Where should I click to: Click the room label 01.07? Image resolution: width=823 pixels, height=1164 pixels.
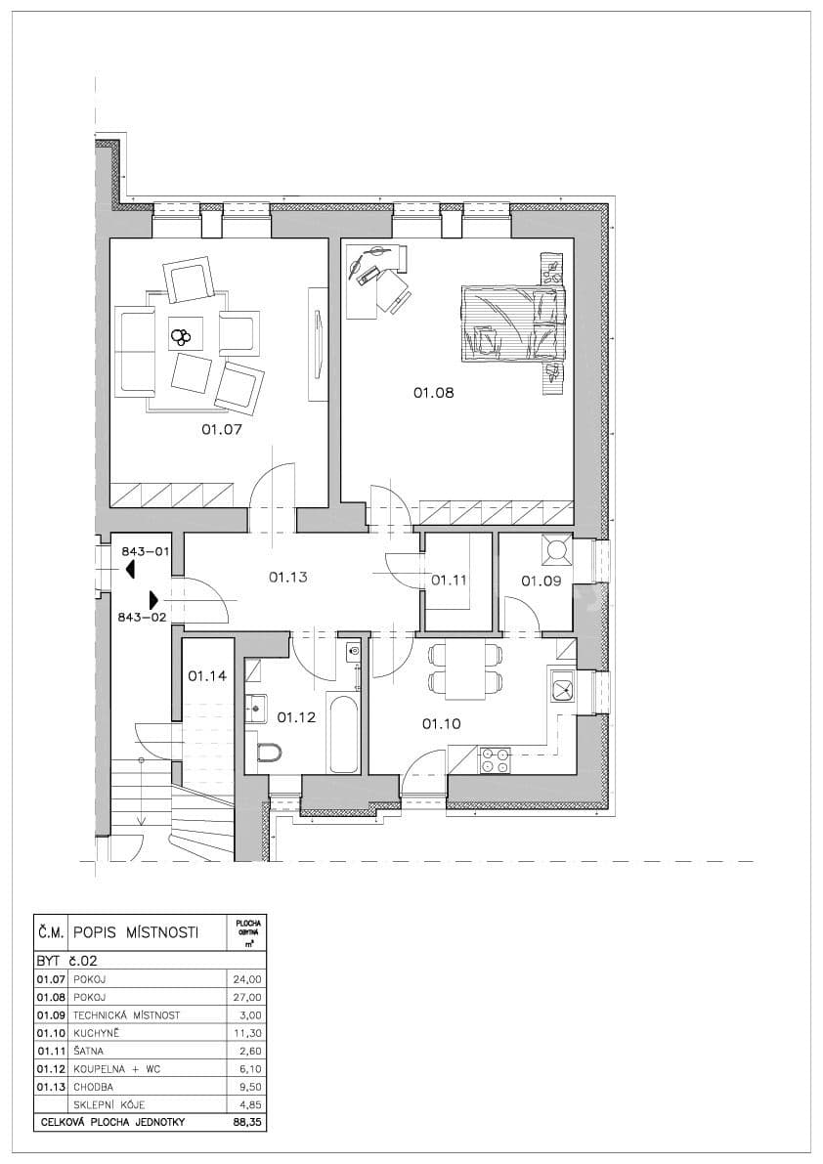tap(221, 429)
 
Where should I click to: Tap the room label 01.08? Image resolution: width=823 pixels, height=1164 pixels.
tap(433, 393)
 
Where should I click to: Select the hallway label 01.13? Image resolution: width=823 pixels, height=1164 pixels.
tap(288, 578)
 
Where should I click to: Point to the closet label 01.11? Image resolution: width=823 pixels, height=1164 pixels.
tap(451, 580)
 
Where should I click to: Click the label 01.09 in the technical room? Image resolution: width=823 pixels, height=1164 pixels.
tap(541, 581)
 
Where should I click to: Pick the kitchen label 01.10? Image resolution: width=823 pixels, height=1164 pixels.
tap(441, 724)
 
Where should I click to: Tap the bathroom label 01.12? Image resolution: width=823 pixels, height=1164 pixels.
tap(296, 717)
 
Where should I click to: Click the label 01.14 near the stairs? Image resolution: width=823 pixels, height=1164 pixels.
tap(207, 675)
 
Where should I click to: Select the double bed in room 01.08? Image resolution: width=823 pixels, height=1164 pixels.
tap(513, 322)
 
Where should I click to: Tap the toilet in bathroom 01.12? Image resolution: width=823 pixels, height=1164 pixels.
tap(268, 752)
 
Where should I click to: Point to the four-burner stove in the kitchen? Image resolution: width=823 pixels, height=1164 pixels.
tap(496, 759)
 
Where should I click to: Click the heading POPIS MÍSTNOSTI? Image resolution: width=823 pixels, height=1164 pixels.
tap(136, 932)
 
